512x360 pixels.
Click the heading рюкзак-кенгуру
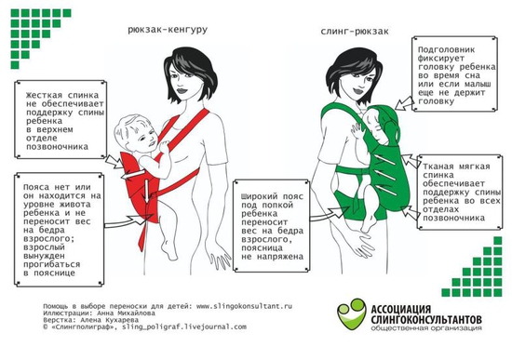[168, 30]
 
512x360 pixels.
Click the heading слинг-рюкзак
[355, 32]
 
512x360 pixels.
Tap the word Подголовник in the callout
[446, 50]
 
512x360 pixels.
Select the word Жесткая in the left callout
[44, 95]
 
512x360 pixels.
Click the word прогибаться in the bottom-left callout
[51, 264]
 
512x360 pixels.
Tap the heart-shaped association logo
[351, 313]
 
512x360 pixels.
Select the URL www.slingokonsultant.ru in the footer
[244, 306]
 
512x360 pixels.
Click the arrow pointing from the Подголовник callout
[404, 103]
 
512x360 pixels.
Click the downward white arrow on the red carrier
[147, 190]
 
